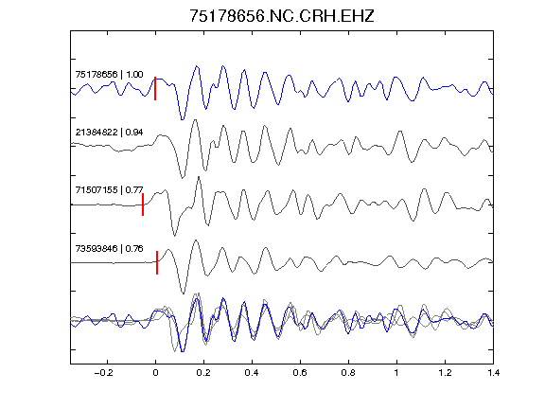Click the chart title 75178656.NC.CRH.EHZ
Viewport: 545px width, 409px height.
[x=282, y=16]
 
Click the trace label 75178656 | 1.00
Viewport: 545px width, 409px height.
[x=109, y=75]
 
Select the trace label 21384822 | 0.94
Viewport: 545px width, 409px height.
[x=109, y=133]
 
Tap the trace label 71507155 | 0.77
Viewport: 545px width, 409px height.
[x=109, y=190]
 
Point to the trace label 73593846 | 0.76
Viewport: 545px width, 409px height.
[x=109, y=249]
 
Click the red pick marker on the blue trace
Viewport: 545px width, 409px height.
[x=155, y=88]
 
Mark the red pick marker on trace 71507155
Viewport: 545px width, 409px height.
[x=143, y=204]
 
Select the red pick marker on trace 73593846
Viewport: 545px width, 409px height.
[x=157, y=262]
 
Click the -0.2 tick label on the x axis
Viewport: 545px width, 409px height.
[x=104, y=373]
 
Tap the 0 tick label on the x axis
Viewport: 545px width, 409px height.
[x=155, y=373]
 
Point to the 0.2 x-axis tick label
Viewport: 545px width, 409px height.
[x=203, y=373]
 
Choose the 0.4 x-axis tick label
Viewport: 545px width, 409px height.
[x=252, y=373]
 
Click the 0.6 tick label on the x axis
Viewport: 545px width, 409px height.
[x=300, y=373]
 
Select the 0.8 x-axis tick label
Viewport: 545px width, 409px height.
[x=348, y=373]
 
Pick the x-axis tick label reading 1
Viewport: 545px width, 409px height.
[x=396, y=373]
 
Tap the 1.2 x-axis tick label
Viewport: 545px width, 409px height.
[x=445, y=373]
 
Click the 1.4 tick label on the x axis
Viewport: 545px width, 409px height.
[x=493, y=373]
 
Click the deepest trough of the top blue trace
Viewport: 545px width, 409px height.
[x=182, y=119]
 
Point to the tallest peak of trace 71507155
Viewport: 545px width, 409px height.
[x=199, y=177]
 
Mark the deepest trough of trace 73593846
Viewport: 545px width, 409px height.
[x=184, y=293]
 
